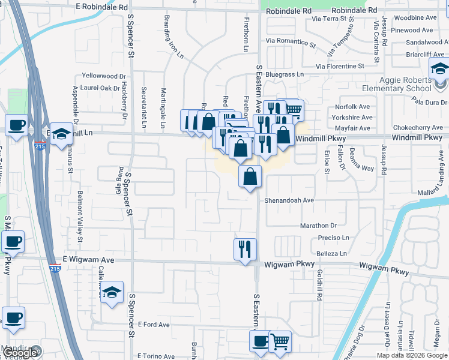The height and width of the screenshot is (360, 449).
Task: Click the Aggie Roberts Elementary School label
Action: pyautogui.click(x=397, y=85)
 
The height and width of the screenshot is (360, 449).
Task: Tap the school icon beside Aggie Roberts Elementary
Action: pyautogui.click(x=439, y=69)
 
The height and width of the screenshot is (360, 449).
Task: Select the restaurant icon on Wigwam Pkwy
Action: pyautogui.click(x=245, y=248)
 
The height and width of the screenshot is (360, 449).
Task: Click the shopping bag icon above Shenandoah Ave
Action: pyautogui.click(x=250, y=176)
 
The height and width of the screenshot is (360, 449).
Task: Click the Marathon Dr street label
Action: pyautogui.click(x=319, y=226)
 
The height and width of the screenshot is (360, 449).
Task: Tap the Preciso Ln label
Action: pyautogui.click(x=333, y=238)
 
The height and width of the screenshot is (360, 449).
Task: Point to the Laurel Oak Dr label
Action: pyautogui.click(x=100, y=88)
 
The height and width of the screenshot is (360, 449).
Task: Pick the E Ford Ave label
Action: pyautogui.click(x=154, y=325)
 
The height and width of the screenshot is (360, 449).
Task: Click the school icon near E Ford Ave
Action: pyautogui.click(x=112, y=293)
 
